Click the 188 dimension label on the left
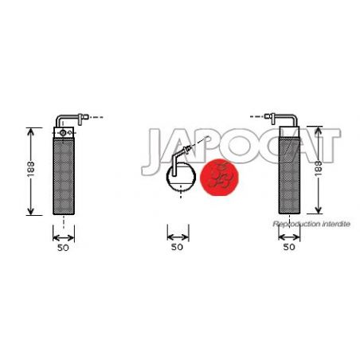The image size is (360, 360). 31,169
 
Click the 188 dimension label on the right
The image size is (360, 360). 319,168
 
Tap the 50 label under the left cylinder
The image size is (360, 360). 63,248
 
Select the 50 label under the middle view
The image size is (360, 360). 177,247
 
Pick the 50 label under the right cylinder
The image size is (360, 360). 289,247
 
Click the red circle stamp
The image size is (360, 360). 219,178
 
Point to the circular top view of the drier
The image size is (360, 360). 181,177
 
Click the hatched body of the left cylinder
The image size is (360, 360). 64,176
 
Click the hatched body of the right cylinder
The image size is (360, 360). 289,176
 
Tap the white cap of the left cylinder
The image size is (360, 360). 64,132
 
